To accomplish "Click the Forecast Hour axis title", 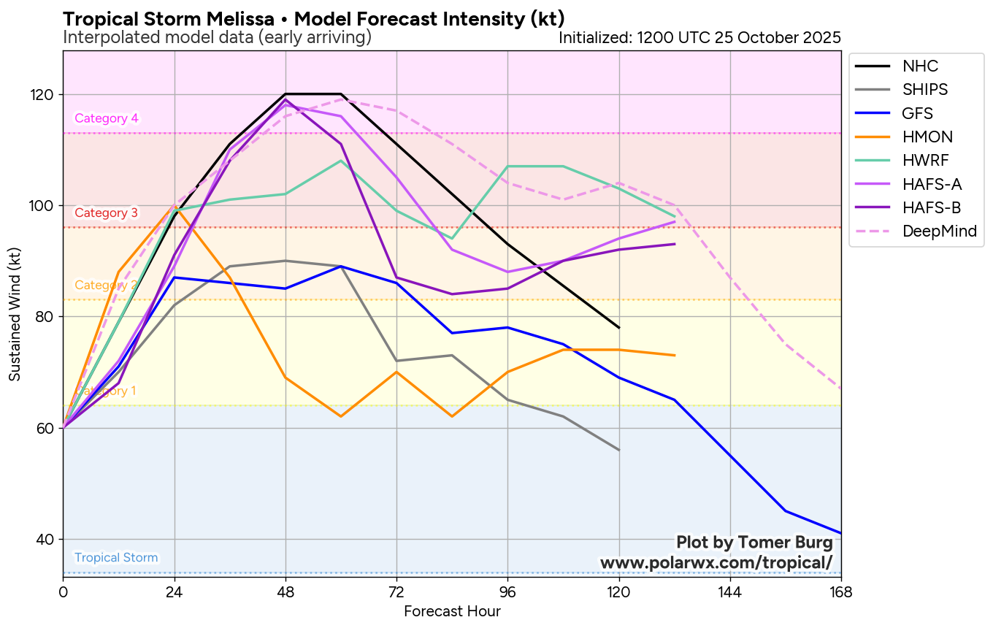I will pos(452,611).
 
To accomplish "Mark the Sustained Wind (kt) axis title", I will pos(15,313).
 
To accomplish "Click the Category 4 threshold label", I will pos(107,118).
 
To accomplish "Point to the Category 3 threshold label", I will pos(107,213).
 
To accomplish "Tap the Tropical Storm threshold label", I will pos(116,558).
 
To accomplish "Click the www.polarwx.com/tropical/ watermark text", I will pos(716,563).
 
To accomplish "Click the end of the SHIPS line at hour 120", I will pos(619,450).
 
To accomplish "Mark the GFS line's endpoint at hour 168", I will pos(841,533).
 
